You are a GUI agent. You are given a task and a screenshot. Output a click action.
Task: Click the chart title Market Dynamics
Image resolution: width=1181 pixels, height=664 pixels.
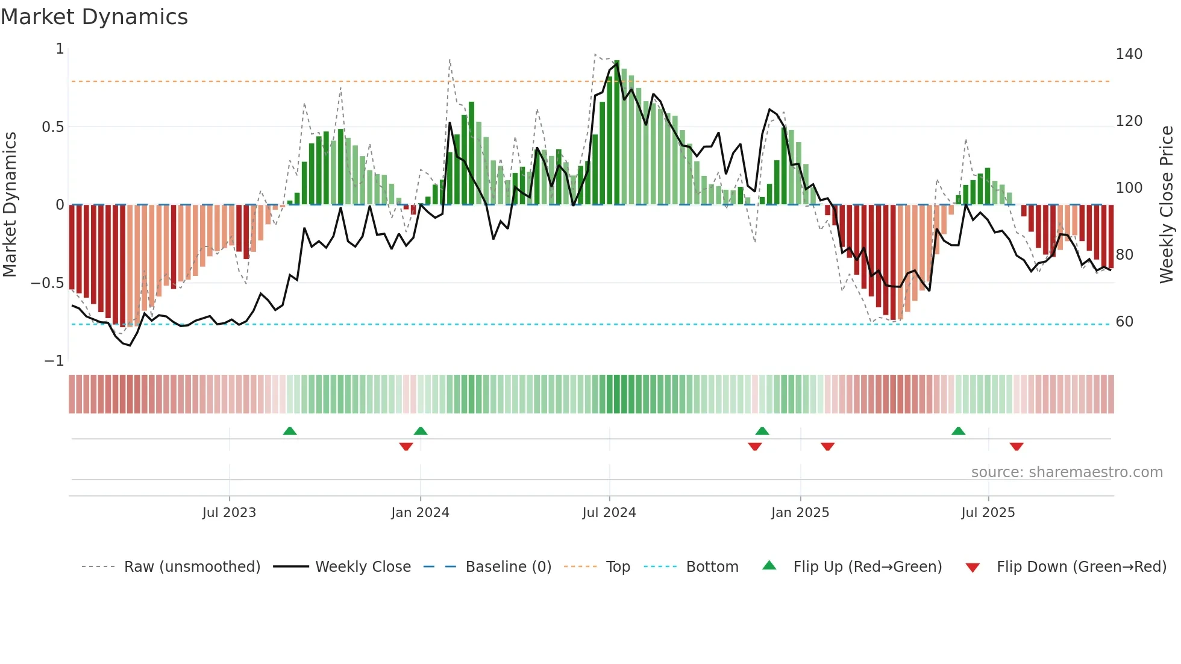pyautogui.click(x=94, y=17)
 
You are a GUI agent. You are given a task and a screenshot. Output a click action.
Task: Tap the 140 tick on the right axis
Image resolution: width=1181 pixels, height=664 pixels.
pyautogui.click(x=1129, y=54)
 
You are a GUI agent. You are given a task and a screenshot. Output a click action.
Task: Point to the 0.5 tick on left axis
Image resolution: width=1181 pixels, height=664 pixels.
pyautogui.click(x=52, y=127)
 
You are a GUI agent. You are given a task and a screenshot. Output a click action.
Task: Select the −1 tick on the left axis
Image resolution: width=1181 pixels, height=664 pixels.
pyautogui.click(x=54, y=361)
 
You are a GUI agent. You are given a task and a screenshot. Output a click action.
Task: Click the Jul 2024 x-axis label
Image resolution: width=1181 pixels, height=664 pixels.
pyautogui.click(x=609, y=513)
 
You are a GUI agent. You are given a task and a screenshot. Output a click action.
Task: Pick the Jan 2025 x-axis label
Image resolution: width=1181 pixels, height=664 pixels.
pyautogui.click(x=800, y=513)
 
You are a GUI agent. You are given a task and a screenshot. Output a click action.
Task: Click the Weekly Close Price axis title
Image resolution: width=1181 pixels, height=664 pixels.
pyautogui.click(x=1167, y=205)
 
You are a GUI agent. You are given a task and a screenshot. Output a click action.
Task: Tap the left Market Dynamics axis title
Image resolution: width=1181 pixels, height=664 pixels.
pyautogui.click(x=10, y=205)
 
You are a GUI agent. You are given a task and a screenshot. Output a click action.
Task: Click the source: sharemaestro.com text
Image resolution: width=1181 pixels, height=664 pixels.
pyautogui.click(x=1067, y=472)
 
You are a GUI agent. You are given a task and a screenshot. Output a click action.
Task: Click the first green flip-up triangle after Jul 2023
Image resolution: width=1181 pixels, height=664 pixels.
pyautogui.click(x=290, y=431)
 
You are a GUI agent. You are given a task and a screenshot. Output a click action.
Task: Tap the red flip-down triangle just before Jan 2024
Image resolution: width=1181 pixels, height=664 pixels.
pyautogui.click(x=406, y=446)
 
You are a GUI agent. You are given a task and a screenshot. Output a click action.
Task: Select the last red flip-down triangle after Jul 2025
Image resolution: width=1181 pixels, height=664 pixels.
pyautogui.click(x=1017, y=446)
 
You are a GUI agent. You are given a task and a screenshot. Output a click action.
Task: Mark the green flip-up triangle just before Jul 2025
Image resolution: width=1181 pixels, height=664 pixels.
pyautogui.click(x=958, y=431)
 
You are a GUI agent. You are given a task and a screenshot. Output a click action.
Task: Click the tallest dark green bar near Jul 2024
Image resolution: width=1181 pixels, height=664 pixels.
pyautogui.click(x=616, y=133)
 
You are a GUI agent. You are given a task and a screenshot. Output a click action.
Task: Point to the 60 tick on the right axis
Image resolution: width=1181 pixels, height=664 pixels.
pyautogui.click(x=1124, y=322)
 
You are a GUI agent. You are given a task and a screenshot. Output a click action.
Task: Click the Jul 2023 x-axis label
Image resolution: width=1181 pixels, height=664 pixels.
pyautogui.click(x=229, y=513)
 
